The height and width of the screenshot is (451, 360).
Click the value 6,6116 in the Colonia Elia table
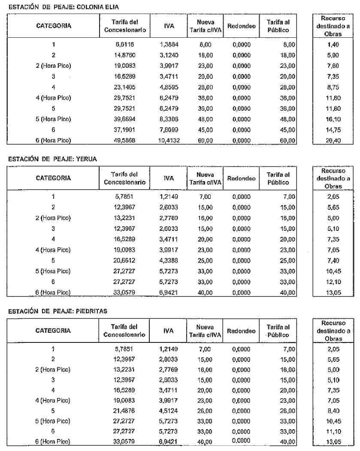(124, 44)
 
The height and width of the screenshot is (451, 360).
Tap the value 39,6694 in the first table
(124, 119)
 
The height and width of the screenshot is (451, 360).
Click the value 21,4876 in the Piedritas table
(124, 412)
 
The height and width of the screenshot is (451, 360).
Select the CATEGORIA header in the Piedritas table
(53, 331)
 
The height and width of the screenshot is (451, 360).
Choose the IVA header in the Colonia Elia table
(168, 26)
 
